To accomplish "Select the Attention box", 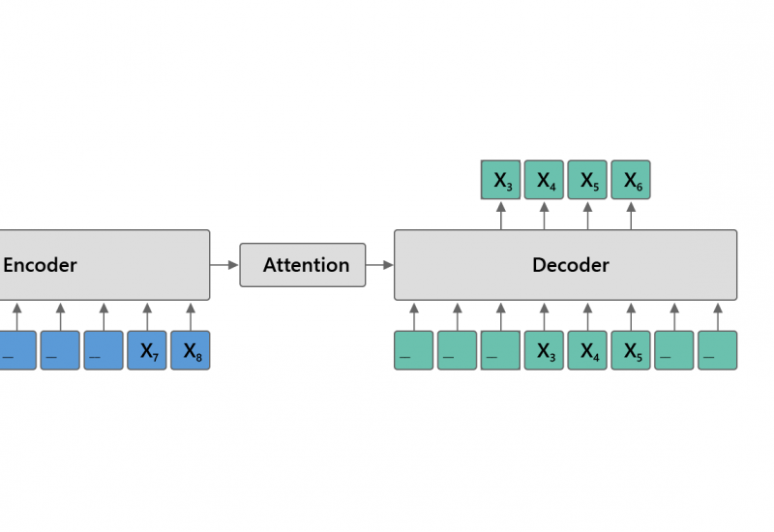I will pos(303,264).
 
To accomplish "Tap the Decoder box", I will pos(565,264).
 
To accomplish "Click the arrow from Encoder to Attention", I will pos(224,264).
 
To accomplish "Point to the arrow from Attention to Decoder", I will pos(380,264).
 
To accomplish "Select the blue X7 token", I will pos(147,350).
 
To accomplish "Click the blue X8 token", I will pos(191,350).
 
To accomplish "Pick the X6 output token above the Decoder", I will pos(631,180).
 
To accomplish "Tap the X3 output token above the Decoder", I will pos(501,180).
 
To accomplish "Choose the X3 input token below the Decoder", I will pos(544,350).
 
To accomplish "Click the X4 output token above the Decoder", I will pos(544,180).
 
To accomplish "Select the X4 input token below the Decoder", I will pos(587,350).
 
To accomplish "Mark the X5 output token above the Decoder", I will pos(587,180).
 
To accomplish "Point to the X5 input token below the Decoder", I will pos(631,350).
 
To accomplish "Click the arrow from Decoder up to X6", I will pos(631,215).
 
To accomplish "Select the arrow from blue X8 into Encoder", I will pos(191,315).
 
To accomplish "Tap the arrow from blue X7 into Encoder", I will pos(147,315).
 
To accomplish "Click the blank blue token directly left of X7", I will pos(104,350).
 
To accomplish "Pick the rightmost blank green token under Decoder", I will pos(717,350).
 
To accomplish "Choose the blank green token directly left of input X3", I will pos(501,350).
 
